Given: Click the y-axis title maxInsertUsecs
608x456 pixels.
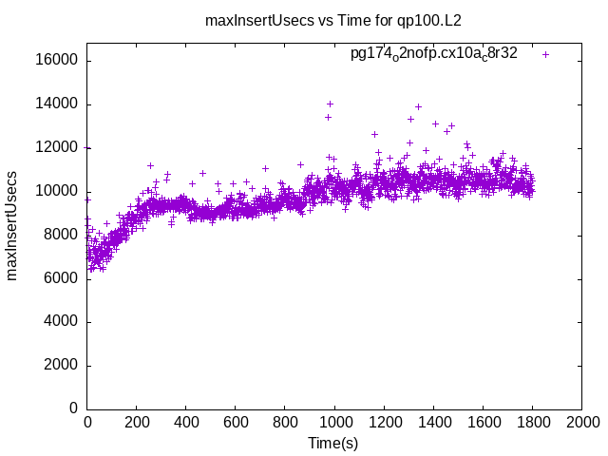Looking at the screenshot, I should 12,225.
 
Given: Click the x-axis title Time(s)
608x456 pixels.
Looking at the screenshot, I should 333,443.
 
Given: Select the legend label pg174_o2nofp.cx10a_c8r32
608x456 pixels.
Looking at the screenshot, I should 433,54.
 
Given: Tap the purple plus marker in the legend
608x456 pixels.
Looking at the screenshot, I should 545,54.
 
